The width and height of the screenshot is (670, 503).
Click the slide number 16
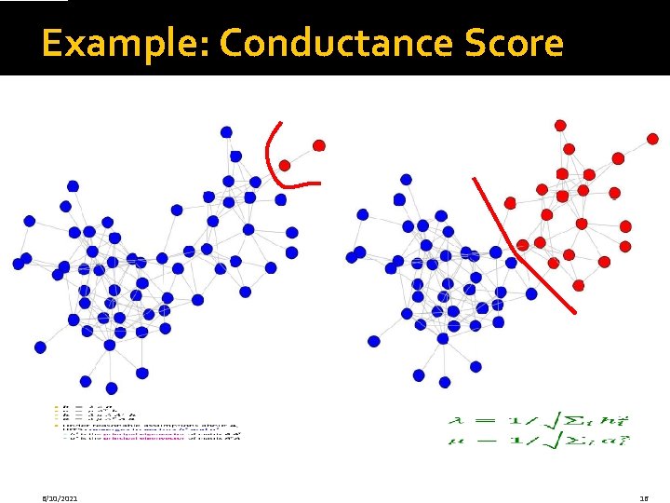tap(643, 498)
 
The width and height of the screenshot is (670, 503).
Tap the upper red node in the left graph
tap(319, 145)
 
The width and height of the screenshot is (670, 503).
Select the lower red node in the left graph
tap(285, 165)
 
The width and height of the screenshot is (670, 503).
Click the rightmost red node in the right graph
tap(652, 139)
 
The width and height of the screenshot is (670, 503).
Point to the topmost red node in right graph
tap(560, 125)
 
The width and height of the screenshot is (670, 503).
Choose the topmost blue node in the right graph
tap(406, 179)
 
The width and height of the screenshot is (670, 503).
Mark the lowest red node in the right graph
tap(579, 285)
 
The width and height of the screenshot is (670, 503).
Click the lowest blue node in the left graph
tap(112, 387)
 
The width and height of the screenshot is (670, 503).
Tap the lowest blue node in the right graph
tap(445, 382)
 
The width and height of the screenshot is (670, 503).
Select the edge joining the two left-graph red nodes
tap(301, 156)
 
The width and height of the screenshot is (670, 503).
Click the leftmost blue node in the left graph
tap(19, 264)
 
